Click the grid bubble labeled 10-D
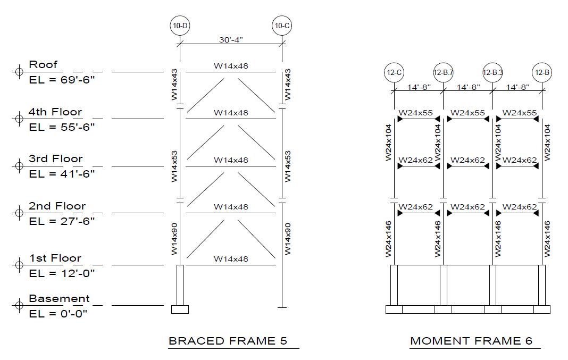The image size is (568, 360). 180,26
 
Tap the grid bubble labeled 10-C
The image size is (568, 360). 282,26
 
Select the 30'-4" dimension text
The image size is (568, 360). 231,40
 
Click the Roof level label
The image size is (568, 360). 43,64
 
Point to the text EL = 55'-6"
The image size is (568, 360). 62,127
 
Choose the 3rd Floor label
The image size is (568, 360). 56,158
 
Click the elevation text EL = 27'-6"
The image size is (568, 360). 62,221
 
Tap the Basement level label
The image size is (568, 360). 59,298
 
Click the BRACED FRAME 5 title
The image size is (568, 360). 228,341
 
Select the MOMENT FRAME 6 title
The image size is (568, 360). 471,341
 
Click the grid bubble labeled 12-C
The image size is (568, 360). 394,72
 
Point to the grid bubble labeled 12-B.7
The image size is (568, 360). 443,72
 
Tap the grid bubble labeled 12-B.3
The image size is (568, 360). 492,72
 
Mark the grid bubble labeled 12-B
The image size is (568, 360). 542,72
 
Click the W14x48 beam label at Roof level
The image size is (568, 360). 231,66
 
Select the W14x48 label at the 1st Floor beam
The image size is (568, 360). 231,259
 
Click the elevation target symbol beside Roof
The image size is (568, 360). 19,71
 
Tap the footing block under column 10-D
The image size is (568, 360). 180,309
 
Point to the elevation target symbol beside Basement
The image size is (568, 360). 19,306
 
